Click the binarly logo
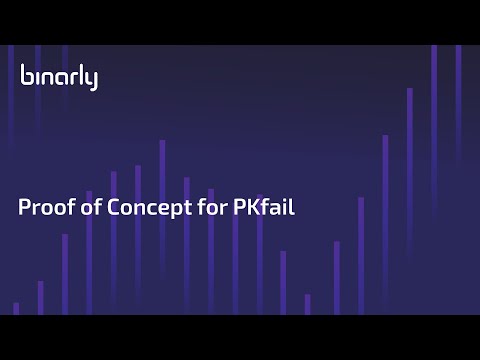coord(59,77)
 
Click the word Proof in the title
coord(43,209)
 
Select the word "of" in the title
coord(84,209)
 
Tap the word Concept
coord(140,209)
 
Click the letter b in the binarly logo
coord(25,76)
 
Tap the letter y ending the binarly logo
coord(93,80)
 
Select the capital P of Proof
coord(24,209)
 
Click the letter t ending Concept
coord(176,209)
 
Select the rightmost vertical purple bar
coord(459,180)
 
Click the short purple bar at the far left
coord(16,308)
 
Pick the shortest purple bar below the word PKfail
coord(307,304)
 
